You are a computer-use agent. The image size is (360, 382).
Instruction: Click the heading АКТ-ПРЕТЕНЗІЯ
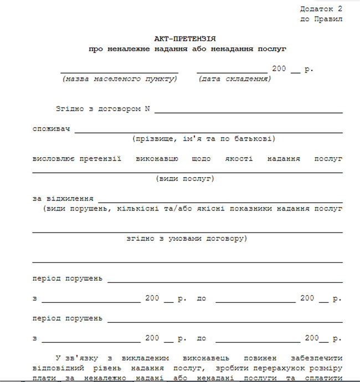point(185,39)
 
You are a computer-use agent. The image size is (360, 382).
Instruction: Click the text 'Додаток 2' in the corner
point(321,9)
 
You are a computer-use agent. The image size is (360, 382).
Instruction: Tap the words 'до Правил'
point(321,19)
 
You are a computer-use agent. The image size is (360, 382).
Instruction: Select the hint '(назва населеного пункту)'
point(120,79)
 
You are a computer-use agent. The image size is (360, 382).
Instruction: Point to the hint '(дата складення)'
point(234,79)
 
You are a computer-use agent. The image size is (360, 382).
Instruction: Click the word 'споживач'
point(51,129)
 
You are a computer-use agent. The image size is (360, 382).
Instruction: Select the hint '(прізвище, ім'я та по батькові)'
point(203,138)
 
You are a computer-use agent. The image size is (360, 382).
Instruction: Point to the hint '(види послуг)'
point(185,178)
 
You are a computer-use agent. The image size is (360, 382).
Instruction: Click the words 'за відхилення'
point(63,198)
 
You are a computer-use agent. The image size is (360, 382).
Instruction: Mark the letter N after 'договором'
point(147,109)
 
